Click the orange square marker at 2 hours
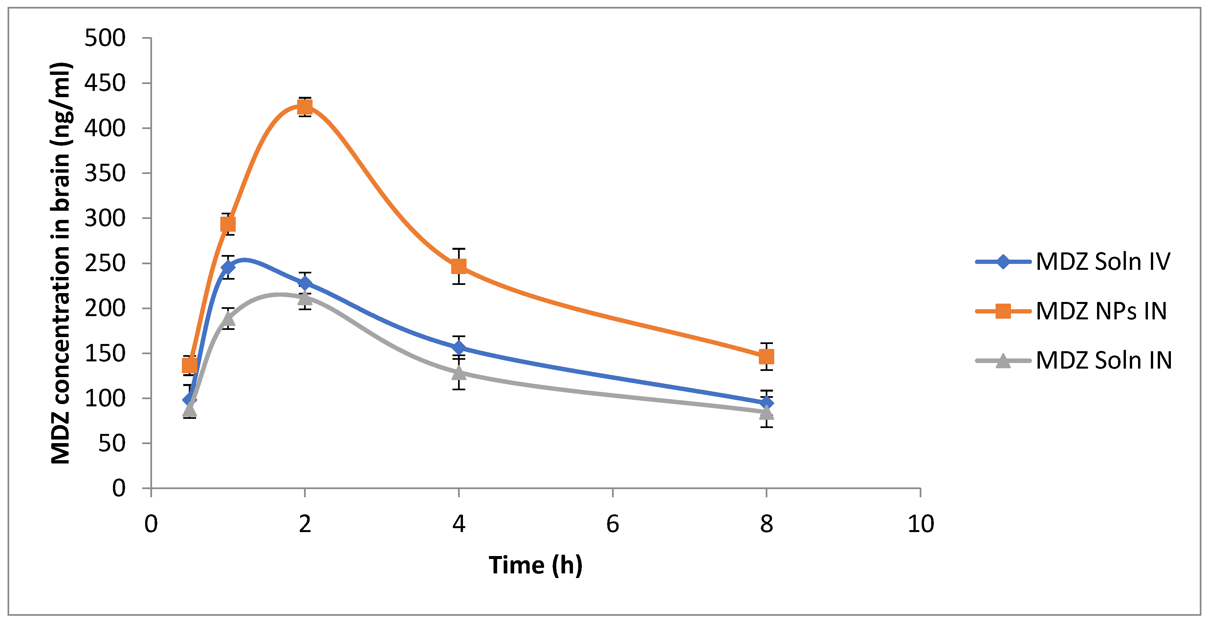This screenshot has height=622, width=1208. pyautogui.click(x=305, y=107)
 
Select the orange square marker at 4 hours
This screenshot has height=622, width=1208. pyautogui.click(x=459, y=266)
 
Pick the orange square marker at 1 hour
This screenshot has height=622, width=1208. pyautogui.click(x=228, y=224)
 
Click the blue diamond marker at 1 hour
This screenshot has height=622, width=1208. pyautogui.click(x=228, y=267)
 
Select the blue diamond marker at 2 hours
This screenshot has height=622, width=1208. pyautogui.click(x=305, y=283)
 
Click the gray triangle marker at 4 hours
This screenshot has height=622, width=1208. pyautogui.click(x=459, y=373)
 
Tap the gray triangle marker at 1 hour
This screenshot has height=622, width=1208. pyautogui.click(x=228, y=319)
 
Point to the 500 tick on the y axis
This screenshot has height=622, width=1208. pyautogui.click(x=105, y=38)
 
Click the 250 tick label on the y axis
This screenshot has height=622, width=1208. pyautogui.click(x=105, y=264)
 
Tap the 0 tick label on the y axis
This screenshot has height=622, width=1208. pyautogui.click(x=119, y=488)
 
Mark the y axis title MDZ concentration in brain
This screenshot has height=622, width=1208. pyautogui.click(x=61, y=263)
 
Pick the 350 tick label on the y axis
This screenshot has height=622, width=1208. pyautogui.click(x=105, y=173)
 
